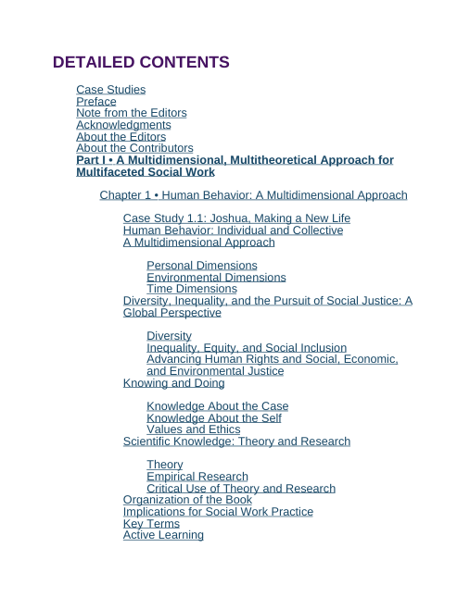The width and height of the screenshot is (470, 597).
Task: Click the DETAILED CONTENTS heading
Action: coord(141,63)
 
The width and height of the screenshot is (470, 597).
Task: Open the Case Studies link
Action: coord(110,90)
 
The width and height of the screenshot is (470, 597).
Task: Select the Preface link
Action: coord(96,102)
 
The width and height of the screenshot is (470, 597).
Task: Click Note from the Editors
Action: coord(131,113)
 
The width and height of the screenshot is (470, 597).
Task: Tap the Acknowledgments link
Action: coord(123,125)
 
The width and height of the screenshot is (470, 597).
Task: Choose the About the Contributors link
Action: coord(134,148)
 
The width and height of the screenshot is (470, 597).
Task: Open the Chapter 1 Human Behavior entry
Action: coord(253,195)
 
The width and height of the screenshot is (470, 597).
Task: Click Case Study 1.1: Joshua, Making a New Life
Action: coord(236,218)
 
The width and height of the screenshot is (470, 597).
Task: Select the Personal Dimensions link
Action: coord(202,266)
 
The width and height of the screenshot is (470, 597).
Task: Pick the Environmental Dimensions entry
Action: coord(216,278)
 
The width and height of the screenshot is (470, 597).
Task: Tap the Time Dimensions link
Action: coord(192,289)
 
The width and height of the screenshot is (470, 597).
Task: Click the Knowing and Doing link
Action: coord(173,383)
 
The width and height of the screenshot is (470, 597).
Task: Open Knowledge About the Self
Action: coord(214,418)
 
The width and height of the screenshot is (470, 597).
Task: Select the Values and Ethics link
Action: coord(193,429)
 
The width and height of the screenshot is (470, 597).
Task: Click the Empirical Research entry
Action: coord(197,477)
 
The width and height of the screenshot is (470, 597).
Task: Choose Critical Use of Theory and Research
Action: coord(241,489)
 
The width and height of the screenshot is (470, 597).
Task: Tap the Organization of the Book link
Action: coord(187,500)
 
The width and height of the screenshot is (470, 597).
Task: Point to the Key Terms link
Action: coord(151,524)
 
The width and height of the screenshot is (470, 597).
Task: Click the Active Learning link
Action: coord(163,535)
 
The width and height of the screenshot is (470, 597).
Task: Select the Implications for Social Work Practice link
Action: coord(218,512)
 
